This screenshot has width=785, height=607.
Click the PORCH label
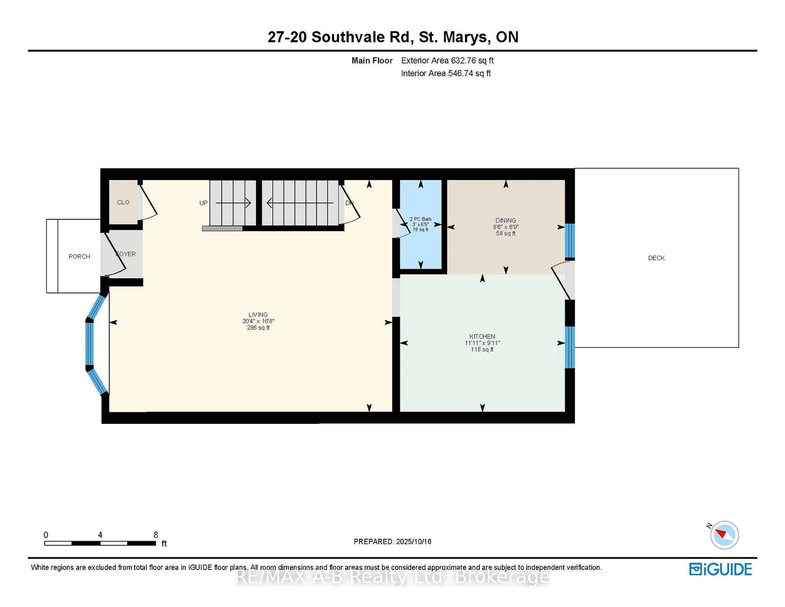click(80, 256)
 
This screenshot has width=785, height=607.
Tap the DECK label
click(656, 258)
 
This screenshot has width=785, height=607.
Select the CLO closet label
click(123, 202)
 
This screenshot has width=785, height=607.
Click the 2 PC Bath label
click(421, 219)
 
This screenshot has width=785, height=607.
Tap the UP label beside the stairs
click(203, 203)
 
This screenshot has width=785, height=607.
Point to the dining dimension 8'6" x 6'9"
click(506, 227)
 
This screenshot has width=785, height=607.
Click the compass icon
click(724, 535)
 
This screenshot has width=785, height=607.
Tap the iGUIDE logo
click(720, 569)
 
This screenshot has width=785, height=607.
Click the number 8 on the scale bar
click(156, 535)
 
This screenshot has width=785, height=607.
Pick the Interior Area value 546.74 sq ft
click(469, 73)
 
